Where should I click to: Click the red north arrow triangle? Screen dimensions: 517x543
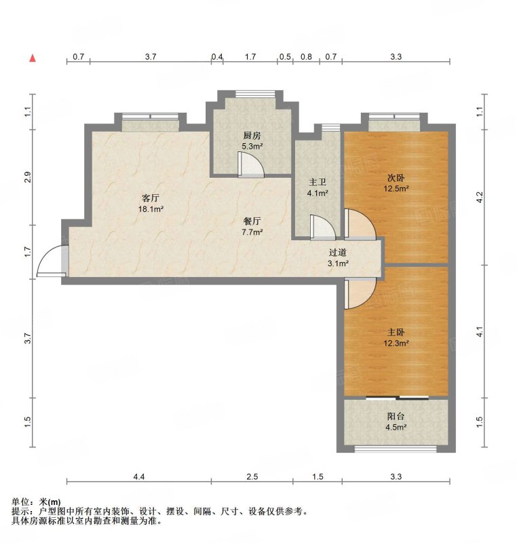pyautogui.click(x=33, y=58)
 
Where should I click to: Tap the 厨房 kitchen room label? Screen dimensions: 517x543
pyautogui.click(x=252, y=135)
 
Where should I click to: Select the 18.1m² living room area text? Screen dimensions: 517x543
pyautogui.click(x=151, y=209)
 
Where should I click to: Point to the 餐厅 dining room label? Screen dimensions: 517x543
pyautogui.click(x=252, y=221)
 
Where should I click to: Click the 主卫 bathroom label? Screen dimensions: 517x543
pyautogui.click(x=318, y=182)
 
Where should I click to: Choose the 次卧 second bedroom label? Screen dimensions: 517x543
pyautogui.click(x=396, y=178)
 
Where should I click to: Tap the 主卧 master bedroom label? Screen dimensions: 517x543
pyautogui.click(x=396, y=333)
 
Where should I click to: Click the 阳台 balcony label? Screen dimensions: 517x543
pyautogui.click(x=396, y=416)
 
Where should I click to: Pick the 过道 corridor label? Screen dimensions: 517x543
pyautogui.click(x=338, y=252)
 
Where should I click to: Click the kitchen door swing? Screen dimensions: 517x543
pyautogui.click(x=251, y=165)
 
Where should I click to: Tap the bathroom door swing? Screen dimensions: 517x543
pyautogui.click(x=323, y=227)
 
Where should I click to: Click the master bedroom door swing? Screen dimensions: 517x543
pyautogui.click(x=360, y=294)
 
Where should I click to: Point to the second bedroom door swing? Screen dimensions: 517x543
pyautogui.click(x=360, y=225)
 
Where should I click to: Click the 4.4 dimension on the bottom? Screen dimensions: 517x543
pyautogui.click(x=139, y=477)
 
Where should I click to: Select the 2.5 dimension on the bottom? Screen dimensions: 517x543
pyautogui.click(x=252, y=477)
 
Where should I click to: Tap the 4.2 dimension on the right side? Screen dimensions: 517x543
pyautogui.click(x=479, y=198)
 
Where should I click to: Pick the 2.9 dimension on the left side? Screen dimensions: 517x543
pyautogui.click(x=28, y=177)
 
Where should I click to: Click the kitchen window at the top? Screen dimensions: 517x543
pyautogui.click(x=255, y=94)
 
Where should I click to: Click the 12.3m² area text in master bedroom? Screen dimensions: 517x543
pyautogui.click(x=396, y=343)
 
